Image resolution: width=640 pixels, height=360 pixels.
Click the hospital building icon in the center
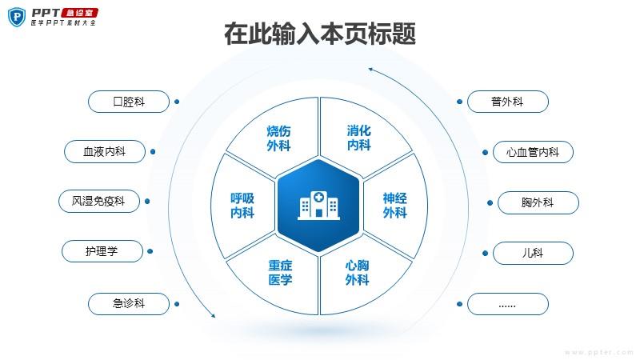click(x=318, y=206)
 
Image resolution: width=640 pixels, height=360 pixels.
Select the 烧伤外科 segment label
click(x=278, y=138)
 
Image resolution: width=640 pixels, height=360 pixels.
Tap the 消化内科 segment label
click(x=358, y=138)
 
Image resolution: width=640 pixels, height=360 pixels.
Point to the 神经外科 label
click(x=394, y=206)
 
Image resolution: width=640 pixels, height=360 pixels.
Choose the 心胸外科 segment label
click(x=357, y=273)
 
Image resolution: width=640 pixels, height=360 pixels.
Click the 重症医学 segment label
click(x=281, y=273)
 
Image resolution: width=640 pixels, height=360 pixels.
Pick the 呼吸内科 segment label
click(x=242, y=206)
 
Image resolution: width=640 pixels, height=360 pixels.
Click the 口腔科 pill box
click(x=129, y=102)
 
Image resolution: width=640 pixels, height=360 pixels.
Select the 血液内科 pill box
click(x=105, y=151)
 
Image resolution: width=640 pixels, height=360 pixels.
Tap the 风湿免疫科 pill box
click(x=99, y=202)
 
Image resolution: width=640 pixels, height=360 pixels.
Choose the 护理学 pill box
click(x=102, y=251)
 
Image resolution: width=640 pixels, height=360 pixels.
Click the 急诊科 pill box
click(x=129, y=304)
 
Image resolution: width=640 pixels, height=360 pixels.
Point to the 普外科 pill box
click(x=508, y=102)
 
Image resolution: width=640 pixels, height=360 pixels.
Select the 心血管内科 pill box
click(x=533, y=152)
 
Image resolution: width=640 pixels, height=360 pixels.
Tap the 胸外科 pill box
click(x=538, y=202)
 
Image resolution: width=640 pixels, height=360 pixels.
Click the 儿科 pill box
click(x=533, y=253)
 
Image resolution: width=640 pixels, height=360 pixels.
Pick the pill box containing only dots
click(x=508, y=304)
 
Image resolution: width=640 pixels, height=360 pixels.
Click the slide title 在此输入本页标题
click(x=320, y=34)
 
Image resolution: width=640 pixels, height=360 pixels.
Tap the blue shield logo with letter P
click(x=17, y=17)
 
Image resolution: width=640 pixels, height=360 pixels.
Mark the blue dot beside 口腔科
click(x=177, y=102)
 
